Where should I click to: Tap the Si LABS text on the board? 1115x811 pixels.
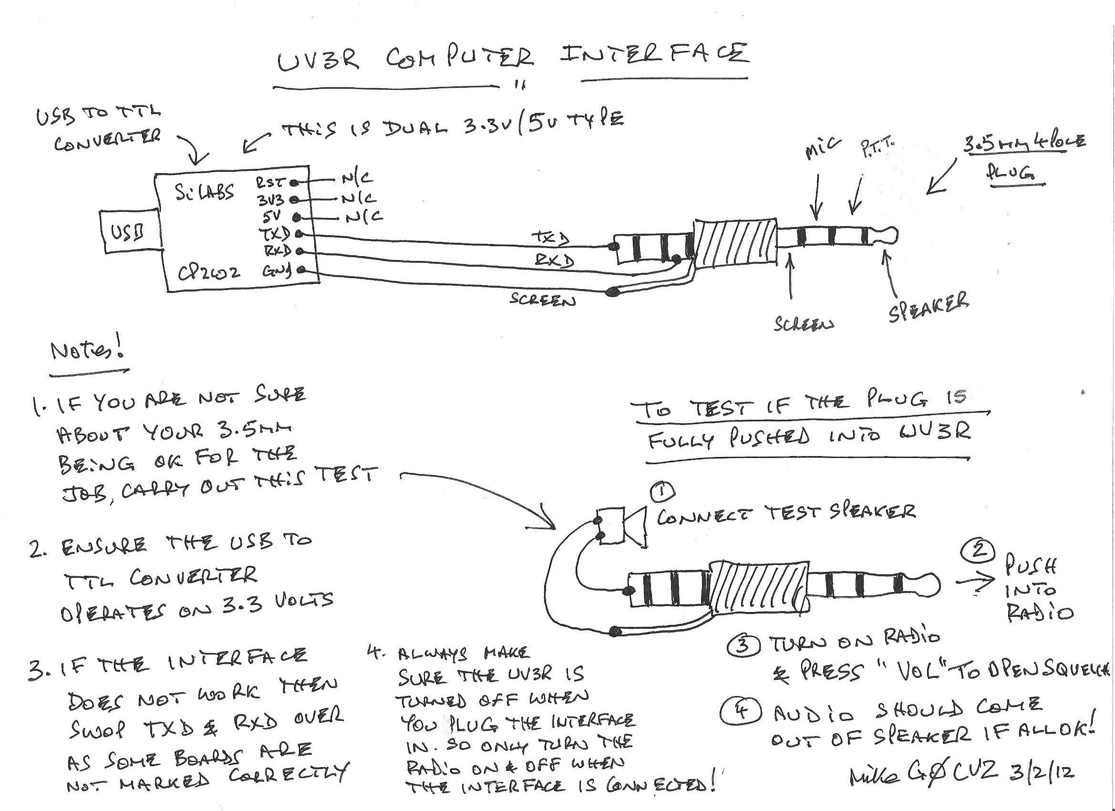(x=205, y=192)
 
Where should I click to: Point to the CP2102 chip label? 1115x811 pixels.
(x=209, y=272)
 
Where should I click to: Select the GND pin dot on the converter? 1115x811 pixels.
(x=301, y=270)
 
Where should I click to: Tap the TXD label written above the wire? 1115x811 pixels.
(x=550, y=238)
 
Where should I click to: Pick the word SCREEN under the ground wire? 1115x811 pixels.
(x=542, y=300)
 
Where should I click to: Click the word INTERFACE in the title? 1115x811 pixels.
(x=654, y=55)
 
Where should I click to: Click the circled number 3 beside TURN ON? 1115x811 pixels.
(x=743, y=645)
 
